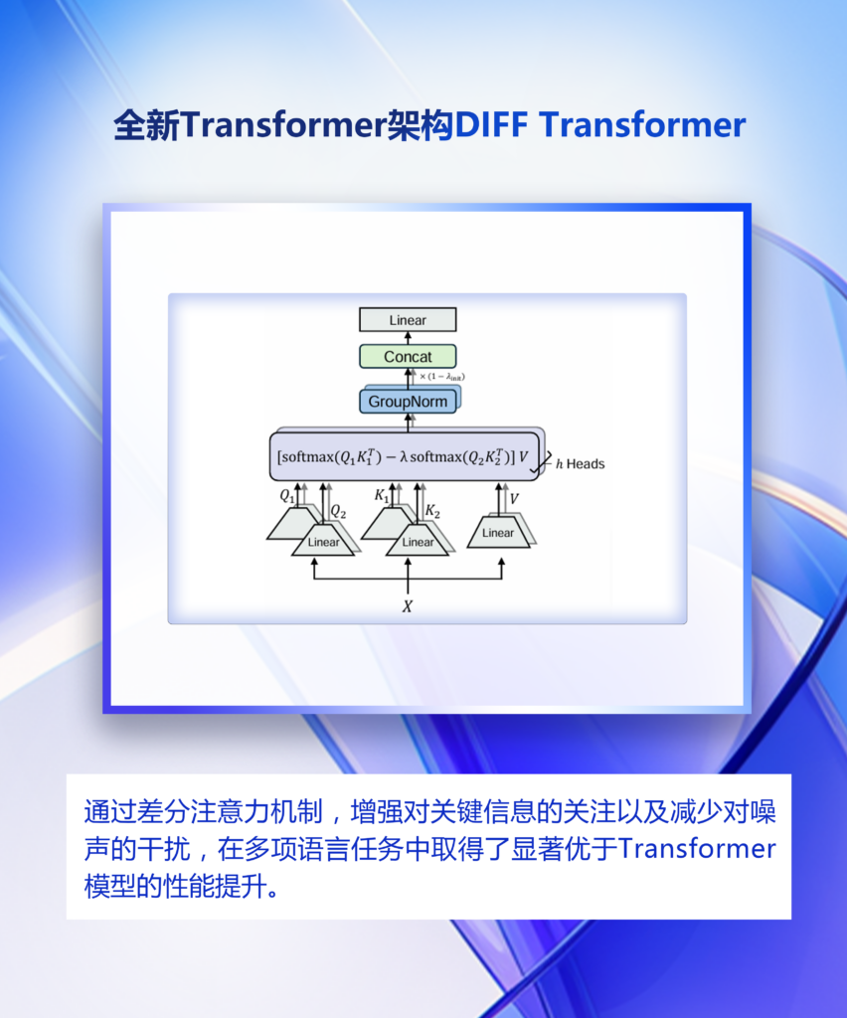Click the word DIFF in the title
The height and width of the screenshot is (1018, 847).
tap(491, 124)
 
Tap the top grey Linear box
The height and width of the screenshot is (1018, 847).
tap(408, 320)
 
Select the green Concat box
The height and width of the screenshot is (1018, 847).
tap(408, 357)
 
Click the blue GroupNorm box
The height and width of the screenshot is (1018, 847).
tap(408, 402)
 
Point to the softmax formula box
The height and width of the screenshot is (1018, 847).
tap(404, 456)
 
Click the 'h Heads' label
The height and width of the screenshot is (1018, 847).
tap(581, 463)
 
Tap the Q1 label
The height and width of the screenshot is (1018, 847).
tap(287, 496)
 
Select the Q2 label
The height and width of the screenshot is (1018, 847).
tap(338, 512)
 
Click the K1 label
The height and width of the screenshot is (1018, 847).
tap(382, 496)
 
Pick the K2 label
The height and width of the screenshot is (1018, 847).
tap(432, 512)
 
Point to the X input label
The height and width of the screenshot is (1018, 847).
tap(407, 606)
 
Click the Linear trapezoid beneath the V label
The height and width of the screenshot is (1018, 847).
tap(498, 533)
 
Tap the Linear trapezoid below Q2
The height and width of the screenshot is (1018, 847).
tap(323, 541)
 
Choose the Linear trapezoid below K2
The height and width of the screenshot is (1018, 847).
tap(418, 541)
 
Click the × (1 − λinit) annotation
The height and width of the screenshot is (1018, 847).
tap(442, 377)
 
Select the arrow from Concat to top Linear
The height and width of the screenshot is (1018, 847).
tap(408, 338)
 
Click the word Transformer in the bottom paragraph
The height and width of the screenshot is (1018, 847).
tap(698, 849)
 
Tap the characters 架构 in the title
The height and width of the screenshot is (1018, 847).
tap(421, 124)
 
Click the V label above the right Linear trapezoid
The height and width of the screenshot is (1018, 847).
tap(514, 499)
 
